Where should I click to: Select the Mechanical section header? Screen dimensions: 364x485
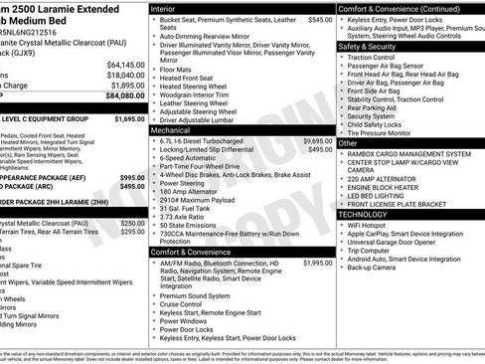(171, 129)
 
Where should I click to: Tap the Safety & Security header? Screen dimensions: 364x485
(367, 46)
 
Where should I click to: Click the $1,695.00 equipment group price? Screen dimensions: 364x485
(129, 118)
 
